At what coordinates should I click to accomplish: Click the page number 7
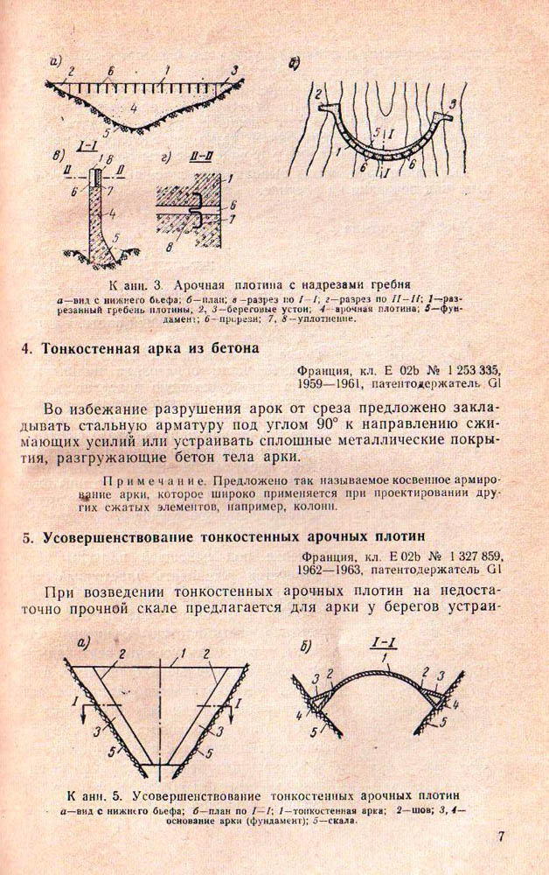(x=502, y=836)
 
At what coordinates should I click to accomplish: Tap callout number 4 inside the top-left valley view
(x=133, y=108)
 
